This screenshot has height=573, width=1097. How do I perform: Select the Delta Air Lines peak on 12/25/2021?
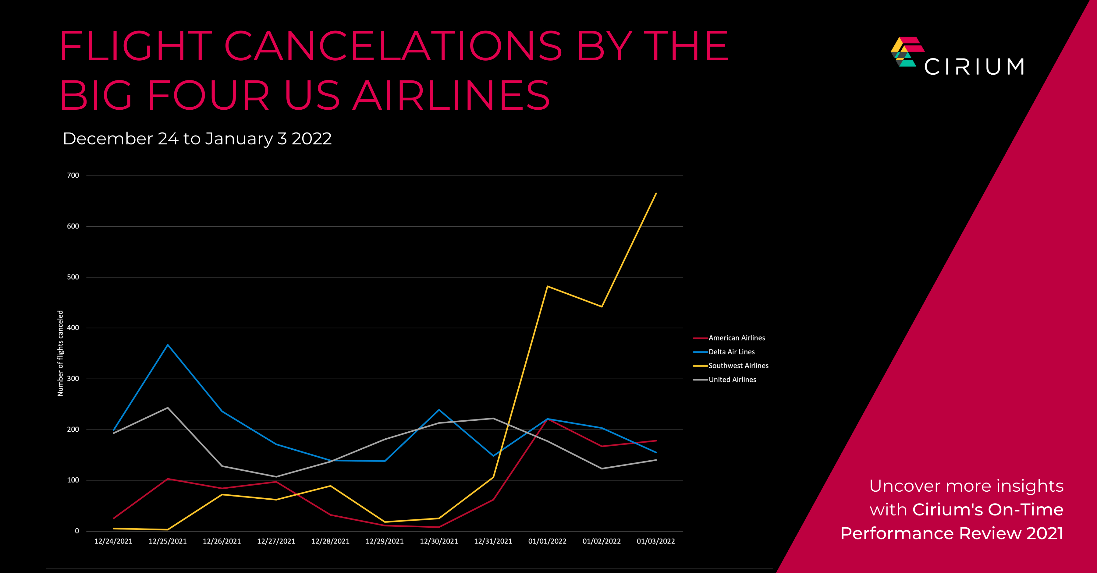tap(168, 345)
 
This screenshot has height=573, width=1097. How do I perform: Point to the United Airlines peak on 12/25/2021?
tap(168, 408)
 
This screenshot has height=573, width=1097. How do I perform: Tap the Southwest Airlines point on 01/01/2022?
tap(547, 286)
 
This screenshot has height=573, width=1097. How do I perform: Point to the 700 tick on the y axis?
tap(73, 175)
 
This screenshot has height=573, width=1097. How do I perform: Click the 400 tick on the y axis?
tap(73, 328)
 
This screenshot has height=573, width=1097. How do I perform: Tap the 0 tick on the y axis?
tap(77, 531)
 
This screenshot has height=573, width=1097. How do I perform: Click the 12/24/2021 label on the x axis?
tap(113, 542)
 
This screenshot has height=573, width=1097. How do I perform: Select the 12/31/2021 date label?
tap(493, 542)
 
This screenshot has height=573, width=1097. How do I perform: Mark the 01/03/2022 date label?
tap(656, 542)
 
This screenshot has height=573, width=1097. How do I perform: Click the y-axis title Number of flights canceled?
tap(60, 353)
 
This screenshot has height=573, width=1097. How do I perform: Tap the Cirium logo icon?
tap(906, 52)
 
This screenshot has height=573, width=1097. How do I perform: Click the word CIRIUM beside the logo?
tap(974, 67)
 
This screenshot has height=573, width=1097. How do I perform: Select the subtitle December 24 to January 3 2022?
tap(197, 139)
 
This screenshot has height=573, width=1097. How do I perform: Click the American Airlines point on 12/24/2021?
tap(114, 518)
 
